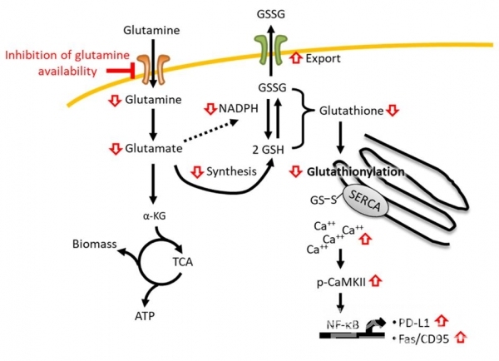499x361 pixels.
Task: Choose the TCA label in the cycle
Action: pos(183,260)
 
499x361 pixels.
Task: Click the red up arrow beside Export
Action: pos(295,59)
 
